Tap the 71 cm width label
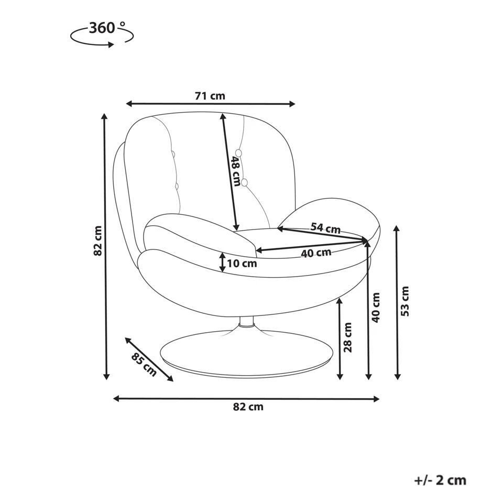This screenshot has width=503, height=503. click(x=210, y=95)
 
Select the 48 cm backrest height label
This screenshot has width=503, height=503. click(x=236, y=171)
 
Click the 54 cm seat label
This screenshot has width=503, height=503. click(x=325, y=228)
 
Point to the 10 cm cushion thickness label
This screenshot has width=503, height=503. click(x=242, y=264)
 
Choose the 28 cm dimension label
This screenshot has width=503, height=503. click(x=348, y=337)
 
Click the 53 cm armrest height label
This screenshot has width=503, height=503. click(x=405, y=301)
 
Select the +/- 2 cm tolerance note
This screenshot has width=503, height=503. click(x=440, y=480)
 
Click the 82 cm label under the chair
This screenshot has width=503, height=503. click(x=248, y=407)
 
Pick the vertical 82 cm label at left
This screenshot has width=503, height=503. click(x=97, y=240)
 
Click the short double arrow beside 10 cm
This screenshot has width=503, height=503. click(x=222, y=262)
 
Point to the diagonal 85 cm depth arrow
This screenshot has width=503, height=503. click(x=149, y=359)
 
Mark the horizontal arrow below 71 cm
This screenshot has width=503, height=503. click(x=211, y=104)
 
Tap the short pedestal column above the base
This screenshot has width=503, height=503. click(x=247, y=322)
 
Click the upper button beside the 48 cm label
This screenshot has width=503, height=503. click(x=238, y=152)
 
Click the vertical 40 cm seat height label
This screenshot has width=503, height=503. click(x=376, y=308)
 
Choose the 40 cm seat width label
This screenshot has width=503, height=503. click(x=316, y=253)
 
